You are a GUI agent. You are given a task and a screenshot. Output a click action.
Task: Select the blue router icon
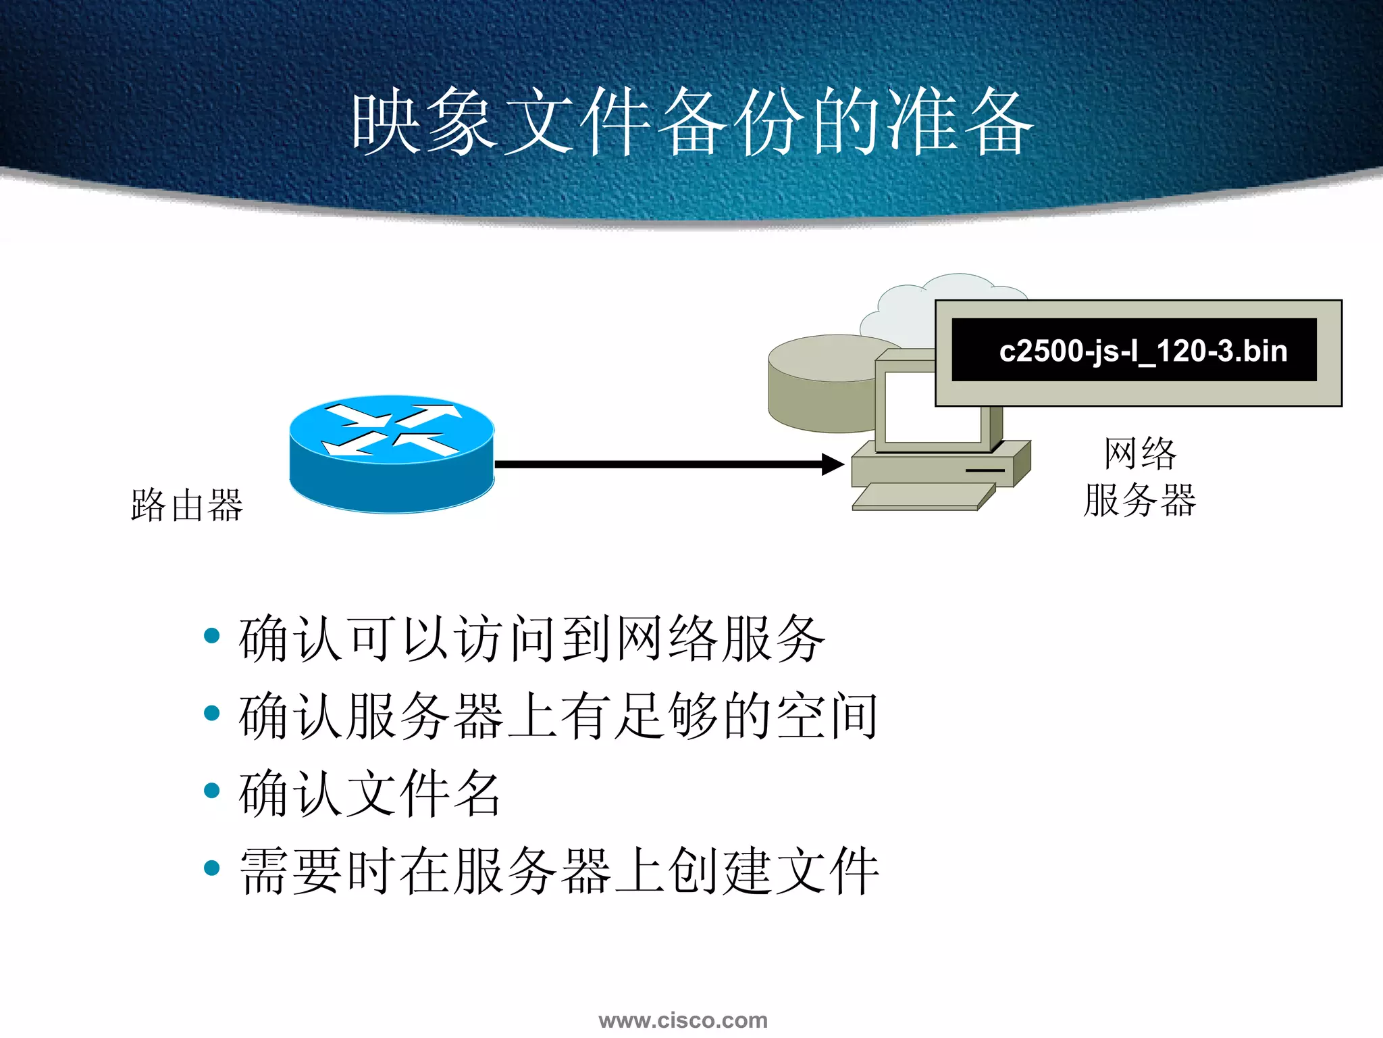[392, 453]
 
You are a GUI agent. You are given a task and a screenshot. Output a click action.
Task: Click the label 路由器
[187, 505]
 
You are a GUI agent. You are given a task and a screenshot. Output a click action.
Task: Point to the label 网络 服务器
[1140, 477]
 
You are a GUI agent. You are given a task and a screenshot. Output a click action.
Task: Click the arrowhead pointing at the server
[833, 464]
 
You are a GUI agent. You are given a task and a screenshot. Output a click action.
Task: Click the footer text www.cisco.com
[683, 1020]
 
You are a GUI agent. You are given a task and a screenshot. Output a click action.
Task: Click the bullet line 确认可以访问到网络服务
[532, 638]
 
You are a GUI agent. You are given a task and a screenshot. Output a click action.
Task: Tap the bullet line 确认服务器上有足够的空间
[558, 716]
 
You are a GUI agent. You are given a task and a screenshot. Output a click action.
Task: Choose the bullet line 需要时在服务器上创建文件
[559, 871]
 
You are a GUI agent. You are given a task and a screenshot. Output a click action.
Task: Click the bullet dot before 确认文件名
[212, 791]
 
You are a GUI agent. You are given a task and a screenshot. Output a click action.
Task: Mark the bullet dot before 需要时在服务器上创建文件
[212, 868]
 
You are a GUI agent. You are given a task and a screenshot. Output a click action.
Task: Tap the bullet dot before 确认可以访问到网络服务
[212, 635]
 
